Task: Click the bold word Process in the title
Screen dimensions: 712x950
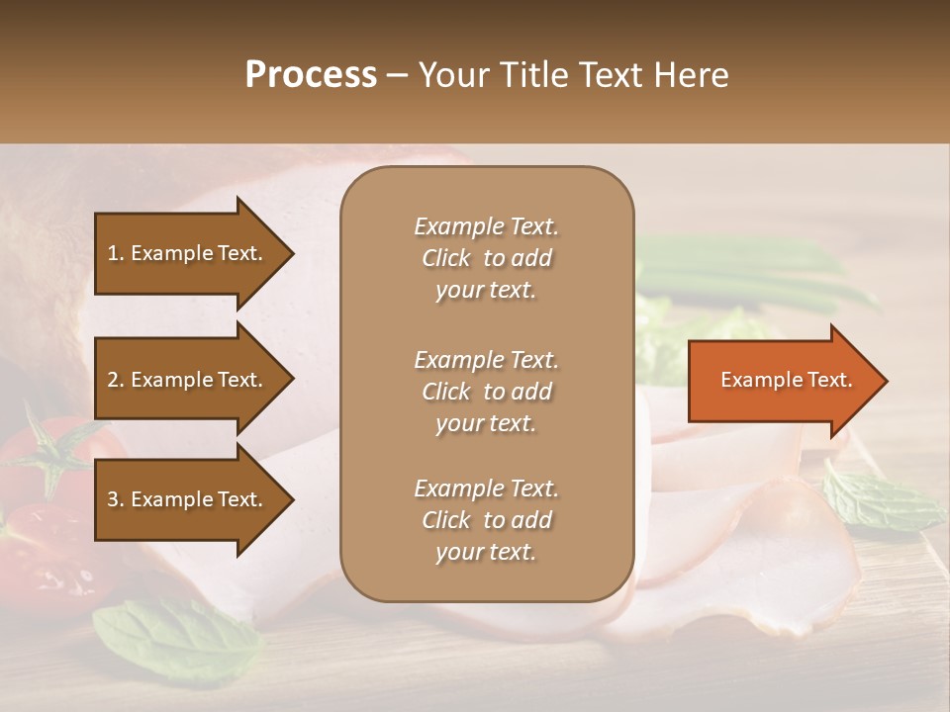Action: coord(311,75)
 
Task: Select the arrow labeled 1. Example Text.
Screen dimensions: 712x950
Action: coord(188,253)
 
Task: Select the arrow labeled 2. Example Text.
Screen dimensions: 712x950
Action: coord(188,380)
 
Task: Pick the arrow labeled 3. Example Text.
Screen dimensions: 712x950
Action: coord(188,499)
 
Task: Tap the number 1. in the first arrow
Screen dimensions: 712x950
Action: coord(116,253)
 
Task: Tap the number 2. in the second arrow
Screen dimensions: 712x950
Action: coord(116,380)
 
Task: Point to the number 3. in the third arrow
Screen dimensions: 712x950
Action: coord(116,499)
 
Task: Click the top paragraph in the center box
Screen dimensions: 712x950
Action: coord(486,258)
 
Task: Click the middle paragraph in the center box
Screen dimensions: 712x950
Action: coord(486,392)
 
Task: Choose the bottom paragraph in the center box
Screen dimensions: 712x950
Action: coord(486,520)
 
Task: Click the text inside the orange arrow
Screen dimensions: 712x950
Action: coord(786,381)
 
